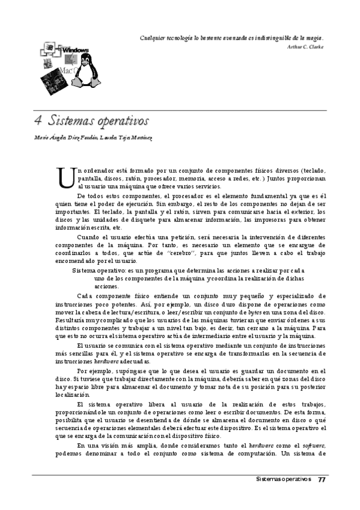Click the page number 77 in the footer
(x=322, y=479)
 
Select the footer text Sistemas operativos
(x=283, y=479)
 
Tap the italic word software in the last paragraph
(x=315, y=445)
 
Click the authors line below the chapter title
(x=93, y=138)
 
